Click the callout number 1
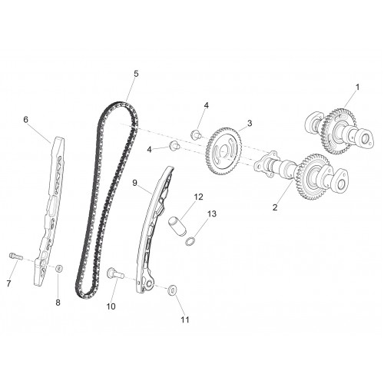tap(358, 88)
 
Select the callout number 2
tap(275, 207)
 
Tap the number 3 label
tap(250, 123)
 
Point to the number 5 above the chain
tap(136, 74)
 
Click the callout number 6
tap(25, 120)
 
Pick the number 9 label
tap(135, 183)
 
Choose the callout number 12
tap(198, 197)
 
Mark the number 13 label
tap(211, 214)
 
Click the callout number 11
tap(185, 319)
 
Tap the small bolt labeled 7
tap(16, 257)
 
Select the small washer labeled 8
tap(59, 269)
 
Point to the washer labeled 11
tap(172, 290)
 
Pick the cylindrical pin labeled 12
tap(177, 226)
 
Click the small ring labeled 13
tap(190, 241)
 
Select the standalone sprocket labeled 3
tap(223, 151)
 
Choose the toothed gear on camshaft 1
tap(339, 131)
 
